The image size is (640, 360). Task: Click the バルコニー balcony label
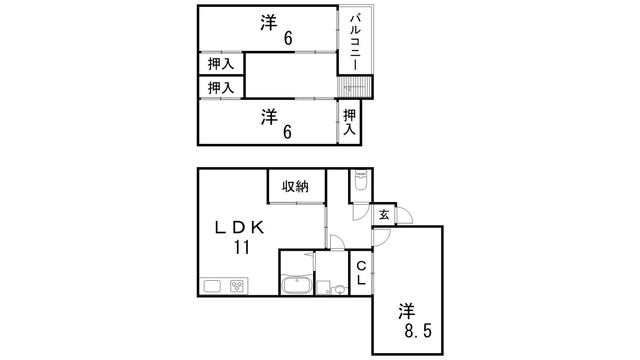tap(355, 42)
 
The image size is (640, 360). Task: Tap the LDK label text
tap(239, 228)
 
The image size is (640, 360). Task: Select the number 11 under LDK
tap(242, 247)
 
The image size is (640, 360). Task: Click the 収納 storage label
tap(295, 186)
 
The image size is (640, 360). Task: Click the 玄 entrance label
tap(384, 215)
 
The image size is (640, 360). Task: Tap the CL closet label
tap(361, 273)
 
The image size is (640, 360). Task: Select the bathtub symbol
tap(297, 285)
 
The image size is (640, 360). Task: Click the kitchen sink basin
tap(212, 286)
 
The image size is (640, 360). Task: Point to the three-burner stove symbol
tap(237, 286)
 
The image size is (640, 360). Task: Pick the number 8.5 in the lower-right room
tap(418, 331)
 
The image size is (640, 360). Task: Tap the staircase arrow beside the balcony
tap(354, 88)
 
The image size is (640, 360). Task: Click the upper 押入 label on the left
tap(220, 64)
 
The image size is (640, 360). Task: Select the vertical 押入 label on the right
tap(350, 122)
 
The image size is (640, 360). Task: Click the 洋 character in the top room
tap(269, 22)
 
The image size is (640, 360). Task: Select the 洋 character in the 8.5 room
tap(406, 312)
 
